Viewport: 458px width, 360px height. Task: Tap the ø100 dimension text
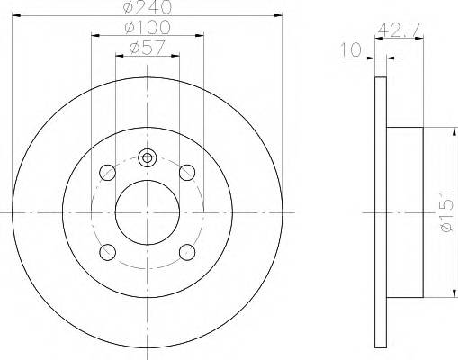tap(148, 30)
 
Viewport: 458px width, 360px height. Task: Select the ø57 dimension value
tap(148, 49)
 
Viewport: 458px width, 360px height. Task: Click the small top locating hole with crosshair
tap(148, 157)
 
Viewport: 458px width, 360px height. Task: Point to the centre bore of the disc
tap(148, 211)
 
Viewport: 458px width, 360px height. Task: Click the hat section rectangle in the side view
tap(404, 211)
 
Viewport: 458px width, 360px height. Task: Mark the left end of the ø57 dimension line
tap(115, 56)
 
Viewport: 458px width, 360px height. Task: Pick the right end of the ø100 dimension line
tap(203, 37)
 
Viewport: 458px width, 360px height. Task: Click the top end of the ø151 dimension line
tap(450, 128)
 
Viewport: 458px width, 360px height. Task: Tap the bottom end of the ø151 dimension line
tap(450, 296)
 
